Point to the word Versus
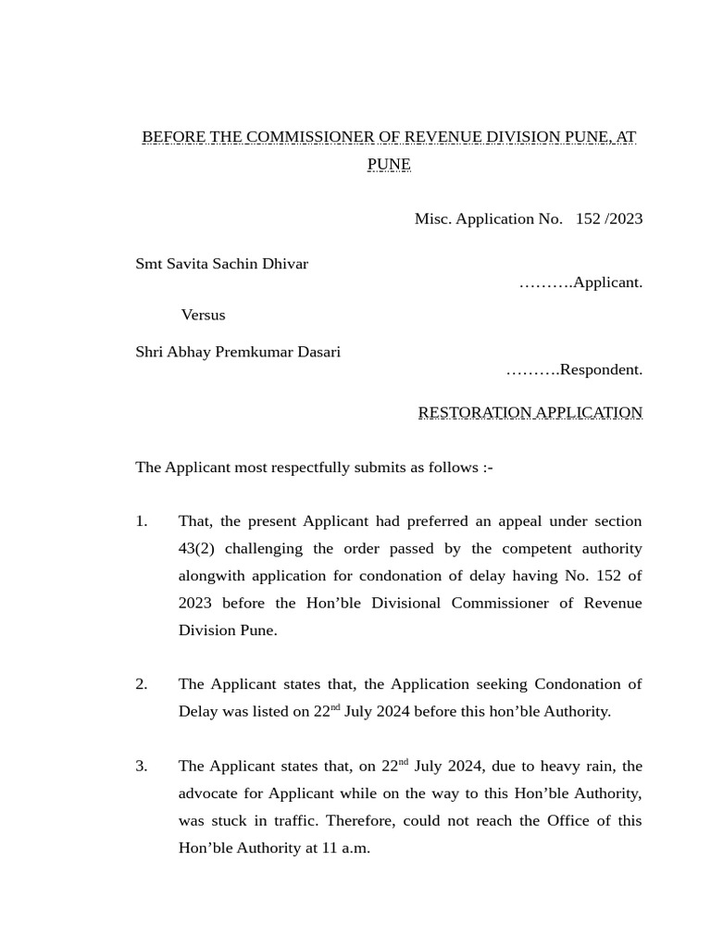click(x=203, y=315)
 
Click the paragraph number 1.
click(x=142, y=521)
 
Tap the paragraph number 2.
click(x=142, y=684)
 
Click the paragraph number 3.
click(x=142, y=767)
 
